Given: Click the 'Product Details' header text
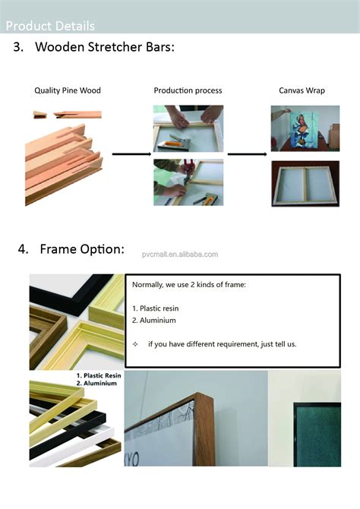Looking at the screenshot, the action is click(x=50, y=26).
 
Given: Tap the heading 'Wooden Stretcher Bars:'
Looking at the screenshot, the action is click(x=105, y=47).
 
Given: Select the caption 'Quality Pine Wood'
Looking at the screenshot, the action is click(x=68, y=90).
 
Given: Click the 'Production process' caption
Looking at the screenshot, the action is click(x=188, y=90).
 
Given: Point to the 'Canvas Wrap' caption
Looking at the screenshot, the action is click(x=302, y=90).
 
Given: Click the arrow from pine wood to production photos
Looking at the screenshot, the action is click(x=132, y=154).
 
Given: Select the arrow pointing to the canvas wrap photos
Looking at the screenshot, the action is click(x=248, y=154).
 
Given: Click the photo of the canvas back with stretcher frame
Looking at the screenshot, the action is click(x=305, y=184).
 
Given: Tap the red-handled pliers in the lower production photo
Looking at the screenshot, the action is click(x=188, y=170).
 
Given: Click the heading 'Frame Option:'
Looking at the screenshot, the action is click(x=82, y=249).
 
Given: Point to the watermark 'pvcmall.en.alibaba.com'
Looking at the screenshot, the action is click(x=180, y=254).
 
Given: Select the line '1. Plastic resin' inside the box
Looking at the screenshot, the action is click(x=155, y=308).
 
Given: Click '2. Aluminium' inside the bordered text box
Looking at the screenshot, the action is click(x=154, y=321).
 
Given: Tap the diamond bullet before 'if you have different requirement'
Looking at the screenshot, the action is click(x=135, y=344).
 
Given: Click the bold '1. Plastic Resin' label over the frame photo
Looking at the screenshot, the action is click(x=99, y=375).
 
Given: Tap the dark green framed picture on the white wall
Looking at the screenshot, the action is click(x=317, y=435).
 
